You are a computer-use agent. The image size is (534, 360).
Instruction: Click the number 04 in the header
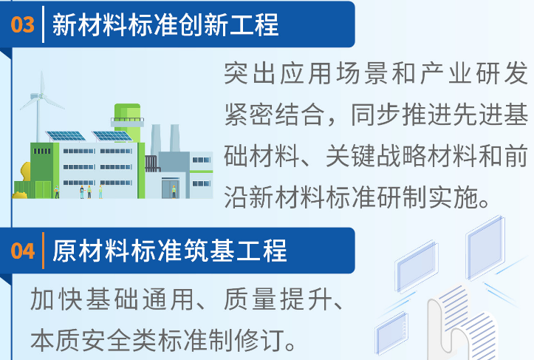tap(23, 251)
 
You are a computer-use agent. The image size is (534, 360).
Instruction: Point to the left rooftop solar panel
tap(64, 136)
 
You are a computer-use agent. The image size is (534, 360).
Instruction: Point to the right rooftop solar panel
tap(112, 136)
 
